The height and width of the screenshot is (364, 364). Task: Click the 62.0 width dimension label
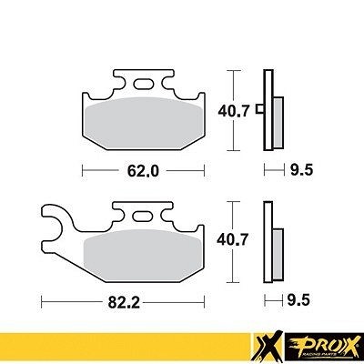click(x=143, y=171)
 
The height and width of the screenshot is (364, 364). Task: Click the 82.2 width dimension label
click(x=124, y=301)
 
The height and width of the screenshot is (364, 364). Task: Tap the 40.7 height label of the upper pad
click(x=234, y=111)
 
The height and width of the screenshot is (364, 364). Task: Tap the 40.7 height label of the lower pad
click(x=232, y=239)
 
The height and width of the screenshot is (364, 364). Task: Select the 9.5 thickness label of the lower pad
click(x=298, y=300)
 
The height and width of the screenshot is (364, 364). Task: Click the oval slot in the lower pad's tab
click(x=143, y=216)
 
